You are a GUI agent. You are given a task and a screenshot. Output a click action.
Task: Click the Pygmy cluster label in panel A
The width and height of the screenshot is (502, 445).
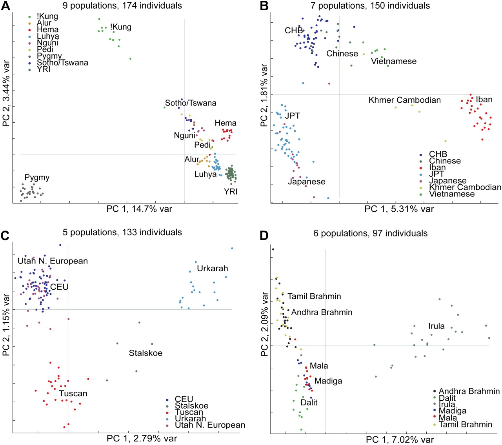37,178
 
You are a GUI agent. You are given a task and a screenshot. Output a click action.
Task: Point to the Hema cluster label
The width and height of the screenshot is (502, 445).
226,123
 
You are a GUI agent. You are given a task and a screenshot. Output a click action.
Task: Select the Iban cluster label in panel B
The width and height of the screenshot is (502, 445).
484,100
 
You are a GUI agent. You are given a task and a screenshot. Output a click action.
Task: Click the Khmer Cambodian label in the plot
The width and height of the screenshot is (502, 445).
404,100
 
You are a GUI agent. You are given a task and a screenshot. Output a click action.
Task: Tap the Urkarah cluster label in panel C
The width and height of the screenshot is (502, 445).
212,269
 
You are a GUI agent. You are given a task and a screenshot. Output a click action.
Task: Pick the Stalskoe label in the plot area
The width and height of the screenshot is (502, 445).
146,353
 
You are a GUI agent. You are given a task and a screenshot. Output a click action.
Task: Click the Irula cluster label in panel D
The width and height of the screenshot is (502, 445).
436,326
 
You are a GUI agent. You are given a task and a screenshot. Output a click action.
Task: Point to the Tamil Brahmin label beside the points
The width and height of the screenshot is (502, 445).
314,296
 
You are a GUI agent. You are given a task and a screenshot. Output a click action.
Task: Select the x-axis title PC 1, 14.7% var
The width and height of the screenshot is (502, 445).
139,209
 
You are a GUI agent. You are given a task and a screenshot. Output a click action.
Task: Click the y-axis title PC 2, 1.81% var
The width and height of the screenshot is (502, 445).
264,96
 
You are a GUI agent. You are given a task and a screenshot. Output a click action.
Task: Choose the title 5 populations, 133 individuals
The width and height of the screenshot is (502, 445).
122,232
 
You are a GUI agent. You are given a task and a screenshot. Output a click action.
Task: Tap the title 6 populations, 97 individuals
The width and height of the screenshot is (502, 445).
370,234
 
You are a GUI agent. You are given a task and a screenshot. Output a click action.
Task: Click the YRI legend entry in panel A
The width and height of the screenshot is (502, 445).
44,69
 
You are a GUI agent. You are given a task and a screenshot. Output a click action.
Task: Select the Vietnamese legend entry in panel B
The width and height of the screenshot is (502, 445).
451,194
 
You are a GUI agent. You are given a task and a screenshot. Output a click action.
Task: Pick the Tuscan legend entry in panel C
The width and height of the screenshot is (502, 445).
189,412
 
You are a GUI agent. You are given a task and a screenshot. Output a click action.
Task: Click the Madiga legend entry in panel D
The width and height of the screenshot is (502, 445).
452,411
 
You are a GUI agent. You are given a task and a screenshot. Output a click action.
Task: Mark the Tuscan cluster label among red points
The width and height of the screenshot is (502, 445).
73,394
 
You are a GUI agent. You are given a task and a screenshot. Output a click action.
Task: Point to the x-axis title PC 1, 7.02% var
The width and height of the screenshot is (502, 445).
400,440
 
